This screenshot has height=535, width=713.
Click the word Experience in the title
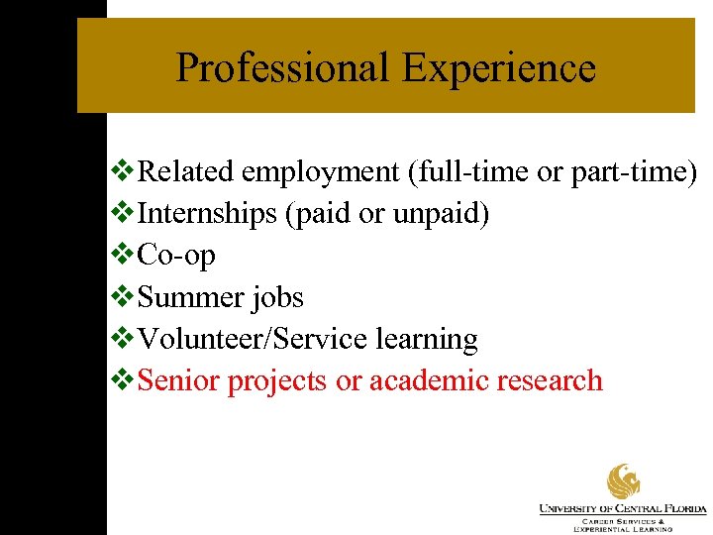pyautogui.click(x=499, y=68)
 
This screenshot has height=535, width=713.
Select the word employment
pyautogui.click(x=320, y=172)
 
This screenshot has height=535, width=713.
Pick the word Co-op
pyautogui.click(x=176, y=256)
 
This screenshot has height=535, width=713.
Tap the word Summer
pyautogui.click(x=194, y=297)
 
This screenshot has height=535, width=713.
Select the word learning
pyautogui.click(x=427, y=339)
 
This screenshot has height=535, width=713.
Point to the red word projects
pyautogui.click(x=278, y=380)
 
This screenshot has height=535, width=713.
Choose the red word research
pyautogui.click(x=554, y=380)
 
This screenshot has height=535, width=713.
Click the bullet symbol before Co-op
pyautogui.click(x=126, y=256)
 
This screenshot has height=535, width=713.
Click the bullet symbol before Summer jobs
pyautogui.click(x=126, y=297)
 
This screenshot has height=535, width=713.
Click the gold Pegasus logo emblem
pyautogui.click(x=624, y=482)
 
